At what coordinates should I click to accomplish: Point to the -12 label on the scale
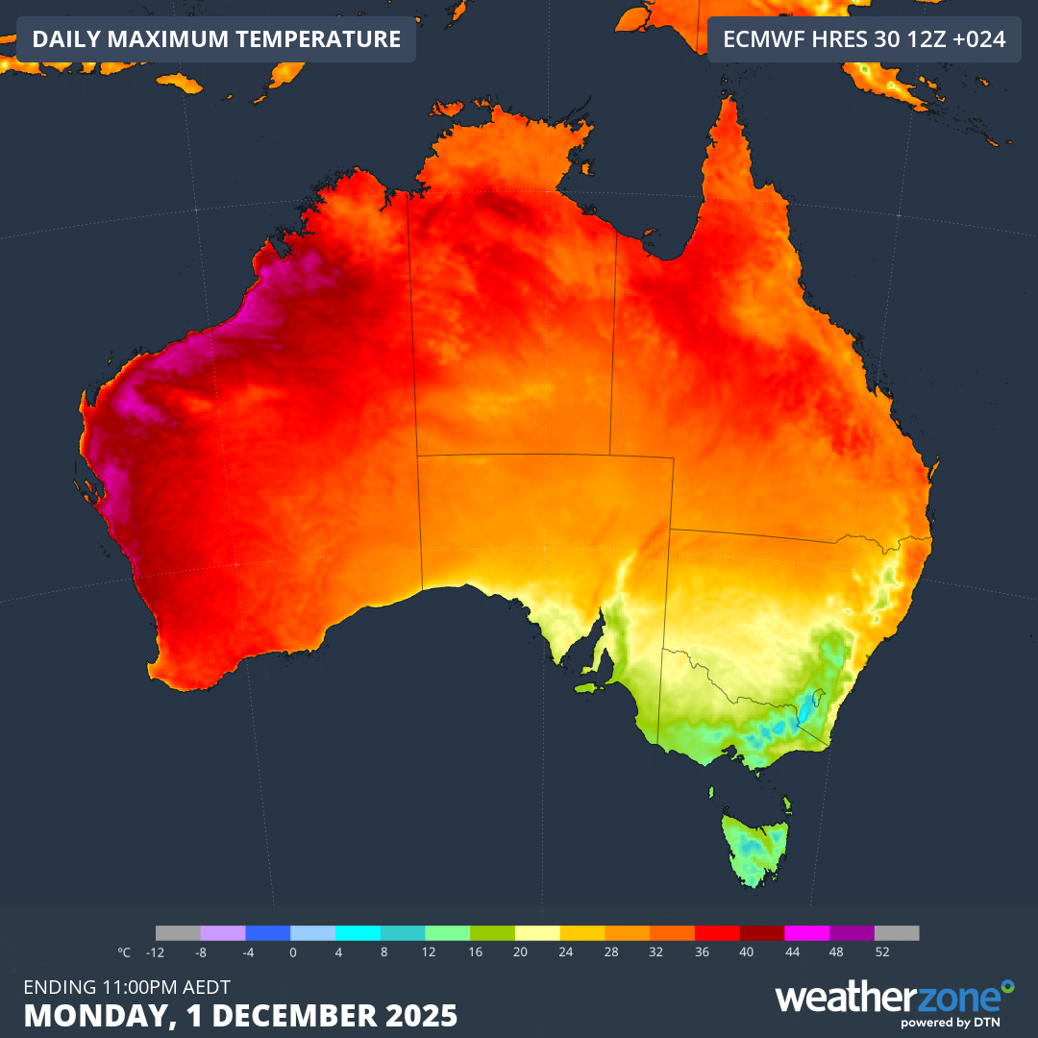[155, 952]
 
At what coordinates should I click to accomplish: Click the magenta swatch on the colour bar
[806, 933]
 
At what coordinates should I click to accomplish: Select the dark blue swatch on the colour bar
[268, 933]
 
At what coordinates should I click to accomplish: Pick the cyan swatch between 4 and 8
[358, 933]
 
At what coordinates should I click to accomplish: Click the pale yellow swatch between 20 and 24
[537, 933]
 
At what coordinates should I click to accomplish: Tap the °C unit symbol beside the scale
[124, 952]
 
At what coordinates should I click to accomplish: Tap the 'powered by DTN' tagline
[957, 1023]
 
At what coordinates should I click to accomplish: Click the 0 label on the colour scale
[292, 952]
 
